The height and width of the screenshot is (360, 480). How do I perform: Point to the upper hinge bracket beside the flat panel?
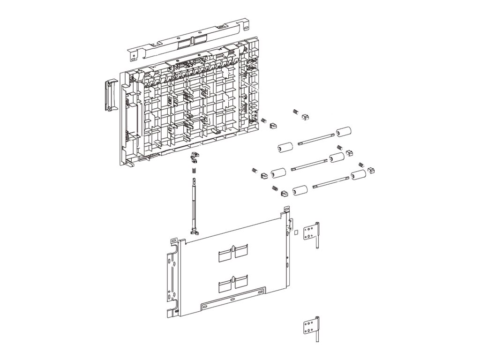(311, 232)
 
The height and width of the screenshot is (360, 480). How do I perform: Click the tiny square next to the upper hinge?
(296, 231)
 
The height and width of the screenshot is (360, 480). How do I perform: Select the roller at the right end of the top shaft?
(344, 132)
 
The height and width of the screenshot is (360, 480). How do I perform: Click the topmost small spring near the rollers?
(296, 112)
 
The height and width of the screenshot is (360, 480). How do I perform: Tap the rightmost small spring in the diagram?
(361, 165)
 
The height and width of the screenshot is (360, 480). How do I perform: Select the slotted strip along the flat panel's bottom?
(230, 301)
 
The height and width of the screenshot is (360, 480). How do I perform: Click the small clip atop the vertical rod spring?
(193, 156)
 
